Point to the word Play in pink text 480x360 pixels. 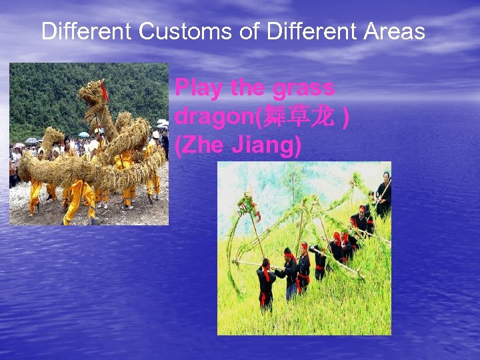(199, 88)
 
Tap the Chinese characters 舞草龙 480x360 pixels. (298, 117)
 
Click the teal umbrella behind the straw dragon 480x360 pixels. (83, 134)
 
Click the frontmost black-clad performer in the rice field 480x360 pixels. (266, 283)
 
